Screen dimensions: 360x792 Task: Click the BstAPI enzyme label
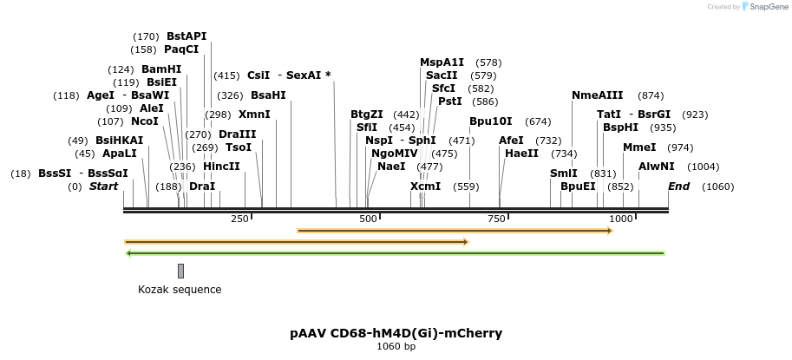click(x=187, y=36)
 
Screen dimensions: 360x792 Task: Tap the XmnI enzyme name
click(x=254, y=115)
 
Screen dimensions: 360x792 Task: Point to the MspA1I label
click(x=442, y=62)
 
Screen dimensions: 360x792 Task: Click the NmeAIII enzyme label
click(x=597, y=95)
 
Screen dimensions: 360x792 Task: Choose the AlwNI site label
click(x=657, y=167)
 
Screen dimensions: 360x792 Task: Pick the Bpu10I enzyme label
click(x=491, y=121)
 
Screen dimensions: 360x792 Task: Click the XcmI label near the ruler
click(x=426, y=187)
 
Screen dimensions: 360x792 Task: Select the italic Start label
click(x=103, y=187)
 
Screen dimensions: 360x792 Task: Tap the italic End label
click(x=678, y=187)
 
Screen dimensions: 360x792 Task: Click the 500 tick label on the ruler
click(x=368, y=219)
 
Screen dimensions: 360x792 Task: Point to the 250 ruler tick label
click(x=239, y=219)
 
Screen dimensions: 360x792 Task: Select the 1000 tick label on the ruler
click(x=621, y=219)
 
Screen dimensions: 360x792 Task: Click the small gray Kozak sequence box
click(x=180, y=271)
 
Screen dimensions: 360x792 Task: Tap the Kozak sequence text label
click(x=180, y=290)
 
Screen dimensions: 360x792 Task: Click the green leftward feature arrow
click(x=395, y=253)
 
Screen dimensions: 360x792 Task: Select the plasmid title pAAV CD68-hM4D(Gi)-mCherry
click(x=396, y=333)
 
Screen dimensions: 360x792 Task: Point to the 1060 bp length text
click(x=396, y=347)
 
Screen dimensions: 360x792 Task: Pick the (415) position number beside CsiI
click(x=226, y=75)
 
